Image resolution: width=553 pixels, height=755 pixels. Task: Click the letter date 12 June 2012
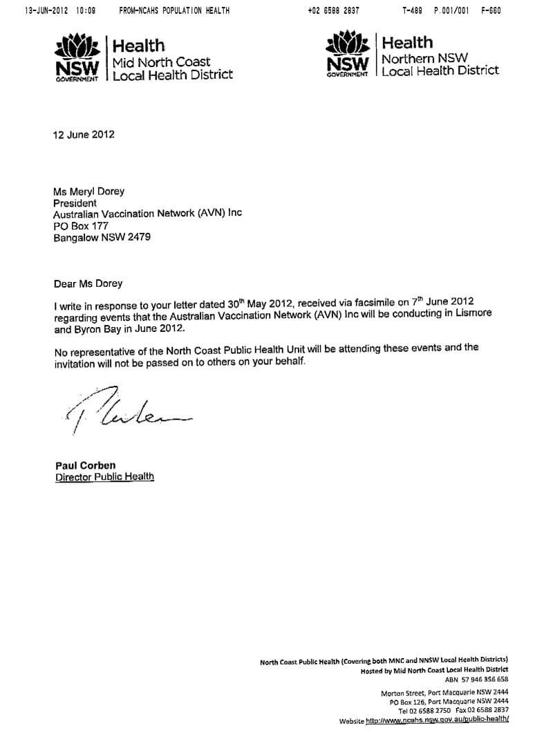coord(84,135)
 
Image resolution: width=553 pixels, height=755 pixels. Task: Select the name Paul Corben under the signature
coord(86,465)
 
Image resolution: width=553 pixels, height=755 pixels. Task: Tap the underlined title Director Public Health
coord(104,477)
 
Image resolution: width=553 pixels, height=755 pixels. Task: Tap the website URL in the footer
coord(436,720)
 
